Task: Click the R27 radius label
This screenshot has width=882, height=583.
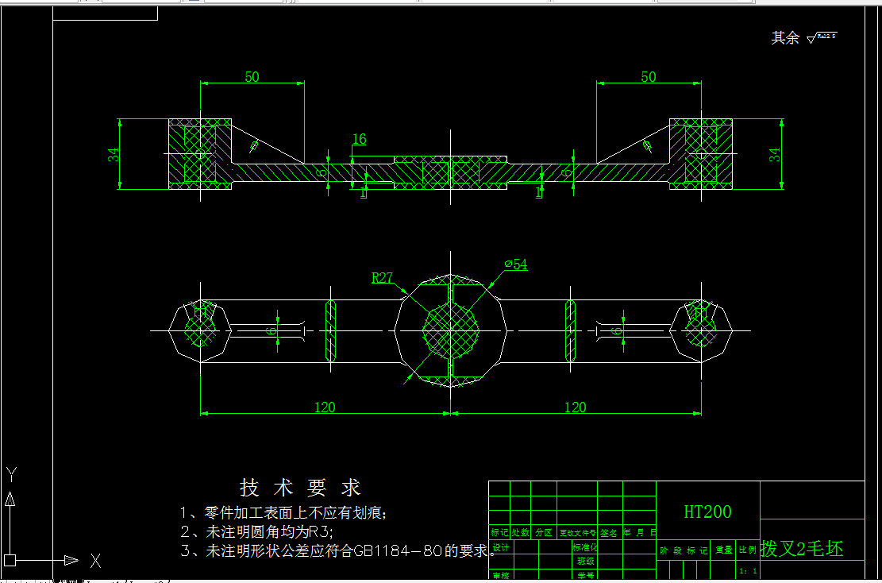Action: coord(383,277)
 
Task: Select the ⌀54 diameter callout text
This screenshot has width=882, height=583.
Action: coord(515,264)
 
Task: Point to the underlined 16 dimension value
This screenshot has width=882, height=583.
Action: coord(359,139)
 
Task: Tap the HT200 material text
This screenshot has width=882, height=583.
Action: coord(707,512)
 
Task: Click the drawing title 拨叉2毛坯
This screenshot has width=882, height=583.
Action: coord(802,548)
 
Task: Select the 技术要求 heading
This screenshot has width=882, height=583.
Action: coord(300,488)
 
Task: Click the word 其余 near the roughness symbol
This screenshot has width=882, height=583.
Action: coord(785,37)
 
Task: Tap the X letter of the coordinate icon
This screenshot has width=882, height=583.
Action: coord(95,562)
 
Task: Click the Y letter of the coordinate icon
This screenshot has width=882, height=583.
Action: coord(11,474)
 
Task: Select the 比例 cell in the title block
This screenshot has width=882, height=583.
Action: coord(747,550)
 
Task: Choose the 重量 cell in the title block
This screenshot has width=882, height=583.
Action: coord(723,550)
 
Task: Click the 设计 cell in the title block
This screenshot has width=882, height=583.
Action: coord(500,548)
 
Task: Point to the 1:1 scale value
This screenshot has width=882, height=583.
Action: coord(746,570)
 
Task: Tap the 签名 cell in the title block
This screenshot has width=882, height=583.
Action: coord(609,533)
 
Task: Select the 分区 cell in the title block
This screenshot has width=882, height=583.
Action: coord(543,533)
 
